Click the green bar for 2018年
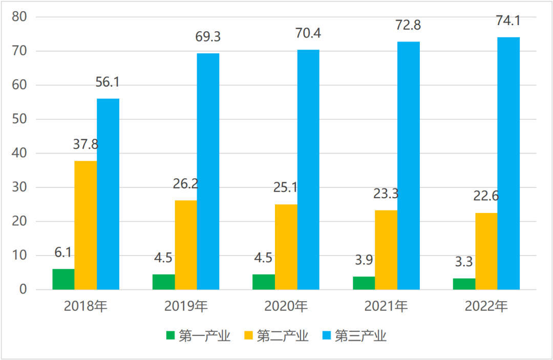63,279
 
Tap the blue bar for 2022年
508,163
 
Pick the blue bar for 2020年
308,170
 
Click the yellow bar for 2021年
386,250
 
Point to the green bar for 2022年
464,284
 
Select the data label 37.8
86,145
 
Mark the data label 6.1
63,252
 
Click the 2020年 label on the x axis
286,306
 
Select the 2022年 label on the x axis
486,306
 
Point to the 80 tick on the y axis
27,17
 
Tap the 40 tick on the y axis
27,153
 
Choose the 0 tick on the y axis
30,290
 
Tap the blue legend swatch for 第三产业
327,336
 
